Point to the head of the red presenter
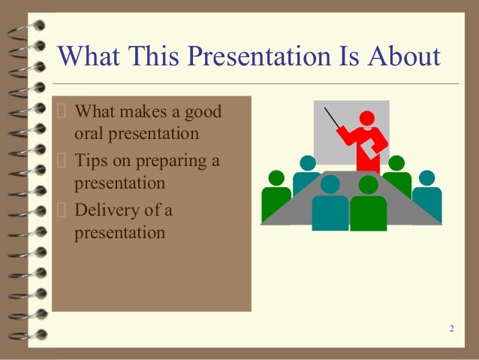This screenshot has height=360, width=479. (367, 118)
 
